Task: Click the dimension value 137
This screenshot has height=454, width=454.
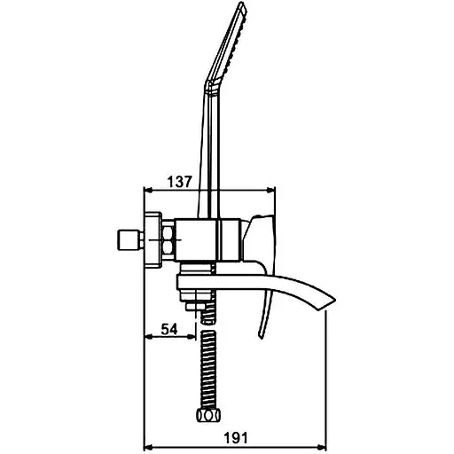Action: coord(180,182)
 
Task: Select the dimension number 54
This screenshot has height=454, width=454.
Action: coord(169,329)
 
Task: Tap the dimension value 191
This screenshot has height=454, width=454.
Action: coord(236,438)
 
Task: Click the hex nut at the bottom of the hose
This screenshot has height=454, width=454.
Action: coord(208,416)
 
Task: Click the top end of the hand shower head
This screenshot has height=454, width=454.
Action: coord(243,3)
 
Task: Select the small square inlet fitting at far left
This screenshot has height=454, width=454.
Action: coord(129,240)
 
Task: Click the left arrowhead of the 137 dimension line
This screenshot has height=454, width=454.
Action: coord(147,191)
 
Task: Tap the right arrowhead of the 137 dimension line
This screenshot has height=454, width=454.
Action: coord(271,191)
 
